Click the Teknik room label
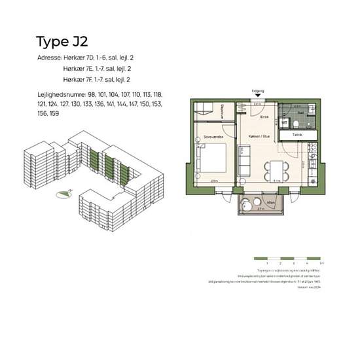pyautogui.click(x=298, y=135)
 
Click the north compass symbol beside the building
pyautogui.click(x=63, y=193)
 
